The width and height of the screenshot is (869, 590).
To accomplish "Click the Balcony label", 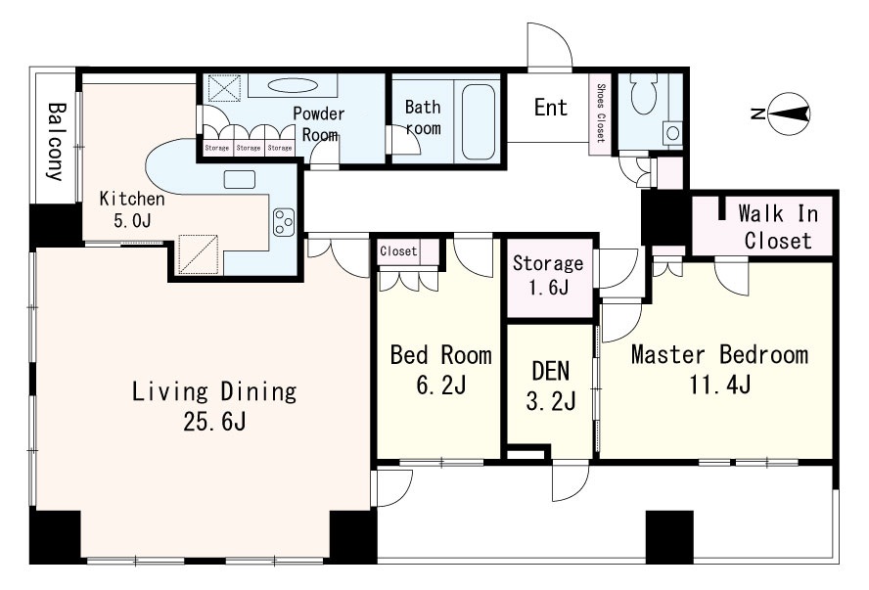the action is (56, 142).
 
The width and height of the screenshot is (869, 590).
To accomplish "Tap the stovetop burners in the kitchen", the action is (283, 221).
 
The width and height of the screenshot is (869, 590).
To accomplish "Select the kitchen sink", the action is (240, 179).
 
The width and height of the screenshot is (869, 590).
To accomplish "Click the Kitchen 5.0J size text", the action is (132, 220).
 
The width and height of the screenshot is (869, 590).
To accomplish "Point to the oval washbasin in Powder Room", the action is (294, 85).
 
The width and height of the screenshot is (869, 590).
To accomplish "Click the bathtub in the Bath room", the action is (478, 121).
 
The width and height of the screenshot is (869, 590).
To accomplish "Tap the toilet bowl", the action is (644, 94).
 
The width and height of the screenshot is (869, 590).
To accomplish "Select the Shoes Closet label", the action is (600, 113).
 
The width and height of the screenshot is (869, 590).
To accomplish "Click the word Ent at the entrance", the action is (550, 108).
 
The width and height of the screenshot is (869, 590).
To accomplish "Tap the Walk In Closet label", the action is (778, 227).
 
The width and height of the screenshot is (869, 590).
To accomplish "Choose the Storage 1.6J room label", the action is (548, 275).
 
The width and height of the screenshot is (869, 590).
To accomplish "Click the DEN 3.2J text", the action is (550, 386).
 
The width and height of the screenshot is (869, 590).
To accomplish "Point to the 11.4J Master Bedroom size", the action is (720, 384).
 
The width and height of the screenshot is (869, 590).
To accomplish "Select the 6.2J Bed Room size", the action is (440, 384).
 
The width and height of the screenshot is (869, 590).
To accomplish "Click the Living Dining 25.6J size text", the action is (214, 422).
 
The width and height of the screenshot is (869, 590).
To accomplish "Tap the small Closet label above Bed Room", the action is (398, 250).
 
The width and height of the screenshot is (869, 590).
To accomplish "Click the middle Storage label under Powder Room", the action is (249, 148).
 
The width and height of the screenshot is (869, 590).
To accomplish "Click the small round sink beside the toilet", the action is (673, 133).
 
